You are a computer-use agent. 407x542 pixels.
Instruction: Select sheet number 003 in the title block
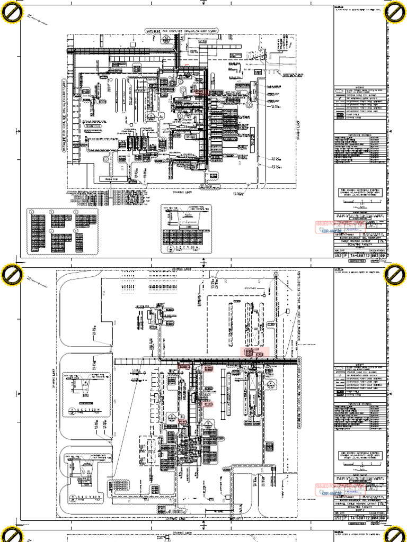376,255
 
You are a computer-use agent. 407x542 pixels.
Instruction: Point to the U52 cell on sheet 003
338,255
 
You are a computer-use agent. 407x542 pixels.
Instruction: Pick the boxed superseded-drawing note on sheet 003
360,192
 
